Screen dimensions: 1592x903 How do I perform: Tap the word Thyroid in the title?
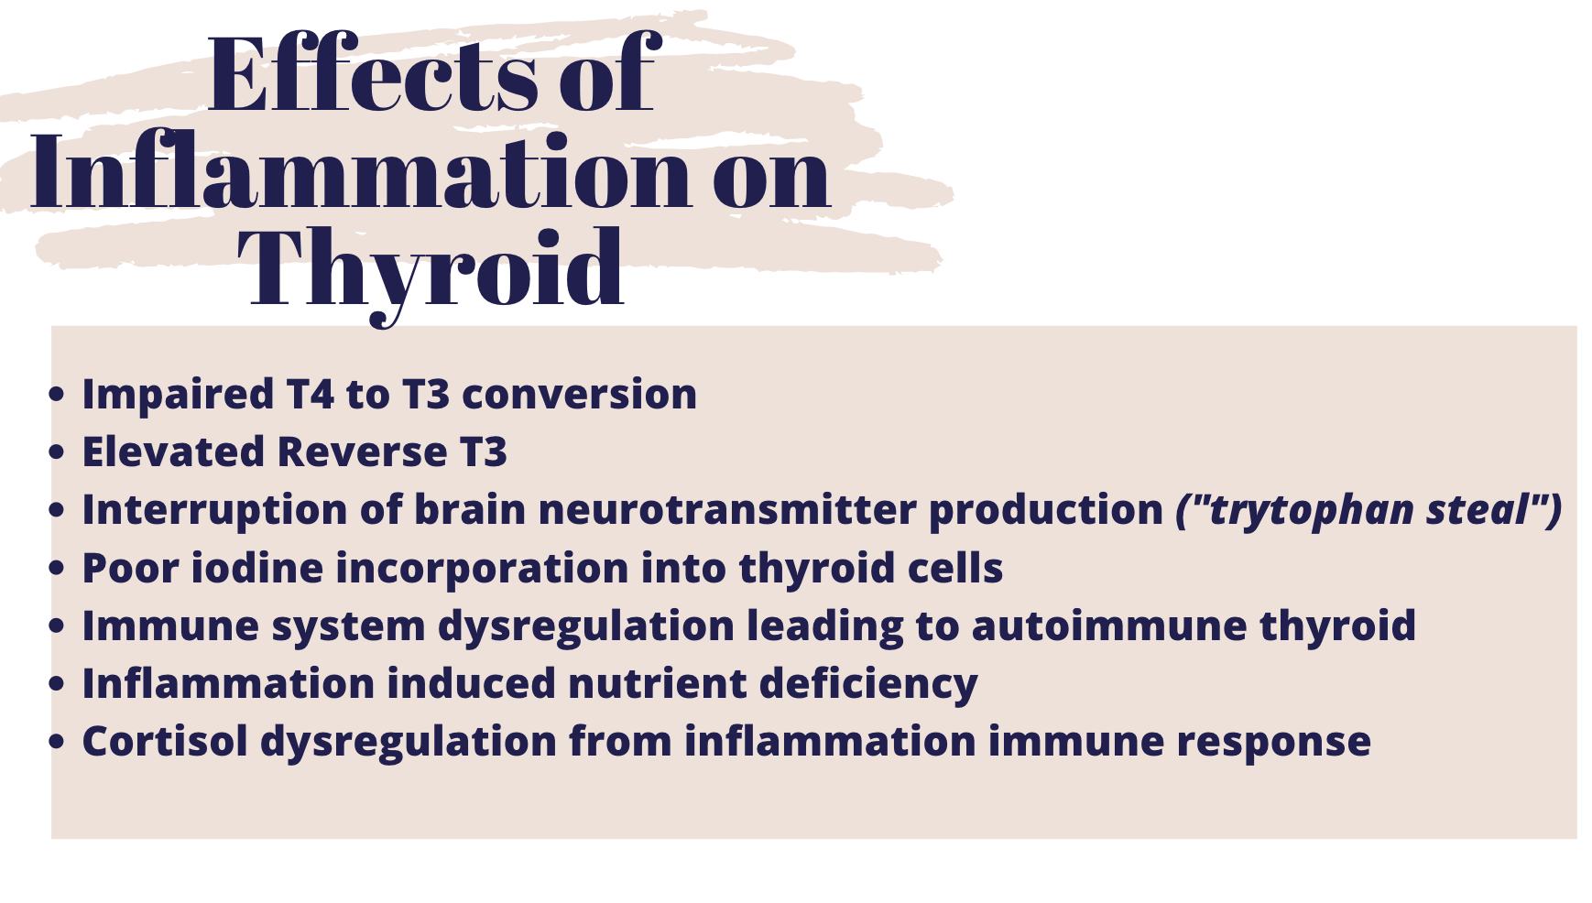[x=431, y=270]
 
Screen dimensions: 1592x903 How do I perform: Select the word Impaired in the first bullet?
[x=178, y=396]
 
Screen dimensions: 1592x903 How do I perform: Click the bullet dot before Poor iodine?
[x=58, y=569]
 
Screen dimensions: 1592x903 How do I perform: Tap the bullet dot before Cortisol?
[x=58, y=742]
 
